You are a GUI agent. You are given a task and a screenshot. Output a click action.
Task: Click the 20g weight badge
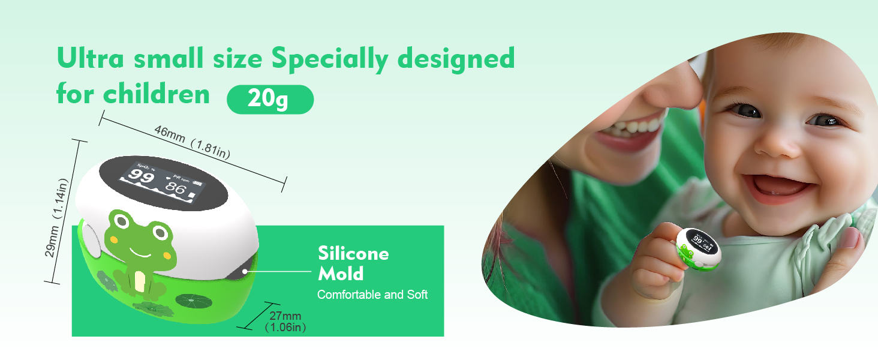(270, 99)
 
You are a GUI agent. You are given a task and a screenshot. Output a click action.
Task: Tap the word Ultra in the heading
(91, 58)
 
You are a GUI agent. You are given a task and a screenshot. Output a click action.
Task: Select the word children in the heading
(157, 94)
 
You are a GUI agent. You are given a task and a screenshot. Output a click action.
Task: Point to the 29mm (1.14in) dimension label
(57, 218)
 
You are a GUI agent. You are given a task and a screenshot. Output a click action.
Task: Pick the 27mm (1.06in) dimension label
(285, 322)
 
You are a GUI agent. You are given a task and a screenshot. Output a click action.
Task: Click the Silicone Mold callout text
(353, 263)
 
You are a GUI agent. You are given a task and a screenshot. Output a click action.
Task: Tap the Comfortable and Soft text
(372, 295)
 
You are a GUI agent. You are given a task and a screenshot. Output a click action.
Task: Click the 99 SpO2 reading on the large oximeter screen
(141, 176)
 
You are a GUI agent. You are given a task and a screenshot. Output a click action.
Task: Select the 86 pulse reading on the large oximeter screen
(175, 188)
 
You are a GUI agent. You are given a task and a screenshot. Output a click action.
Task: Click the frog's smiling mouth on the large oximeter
(140, 253)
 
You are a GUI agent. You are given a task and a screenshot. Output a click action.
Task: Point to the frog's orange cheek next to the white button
(113, 239)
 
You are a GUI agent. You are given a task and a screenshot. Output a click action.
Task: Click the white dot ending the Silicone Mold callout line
(245, 271)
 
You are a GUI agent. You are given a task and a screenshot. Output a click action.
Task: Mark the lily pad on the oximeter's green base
(194, 302)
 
